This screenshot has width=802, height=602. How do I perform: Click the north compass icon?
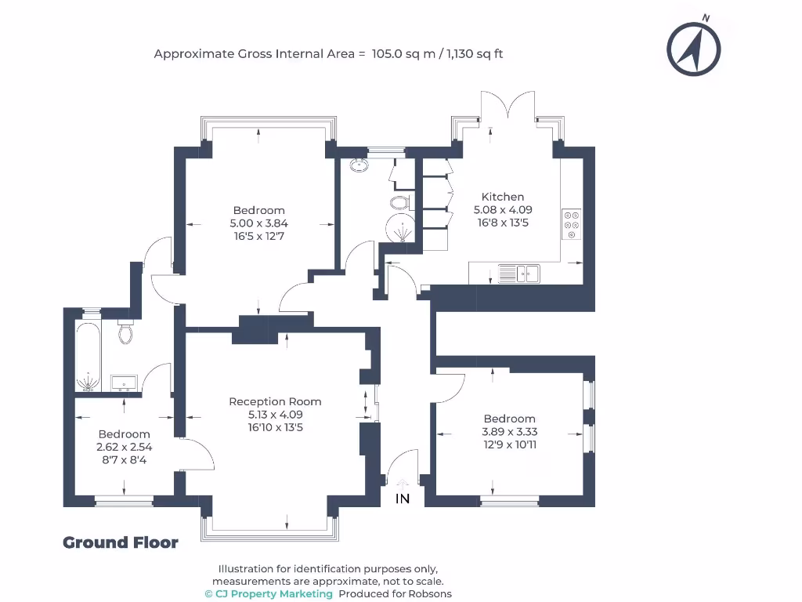click(x=693, y=49)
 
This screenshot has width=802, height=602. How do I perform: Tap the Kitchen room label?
click(x=502, y=197)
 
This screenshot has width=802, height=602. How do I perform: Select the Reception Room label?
click(x=275, y=401)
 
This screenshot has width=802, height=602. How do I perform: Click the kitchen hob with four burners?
click(x=571, y=224)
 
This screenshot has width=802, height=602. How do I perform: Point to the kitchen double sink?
click(x=519, y=274)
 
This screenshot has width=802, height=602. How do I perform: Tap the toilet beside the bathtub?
click(x=125, y=333)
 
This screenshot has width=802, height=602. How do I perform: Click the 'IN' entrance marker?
click(x=403, y=499)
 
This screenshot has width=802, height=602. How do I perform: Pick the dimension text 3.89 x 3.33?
click(x=509, y=432)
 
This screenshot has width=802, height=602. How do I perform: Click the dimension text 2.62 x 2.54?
click(x=124, y=447)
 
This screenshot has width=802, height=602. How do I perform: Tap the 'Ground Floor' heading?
click(x=121, y=542)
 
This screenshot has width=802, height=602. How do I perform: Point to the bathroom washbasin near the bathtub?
click(x=123, y=382)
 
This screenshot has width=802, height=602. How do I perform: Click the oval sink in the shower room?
click(x=360, y=165)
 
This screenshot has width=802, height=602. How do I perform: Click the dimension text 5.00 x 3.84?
click(x=258, y=223)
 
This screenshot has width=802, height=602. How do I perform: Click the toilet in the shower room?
click(x=399, y=203)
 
